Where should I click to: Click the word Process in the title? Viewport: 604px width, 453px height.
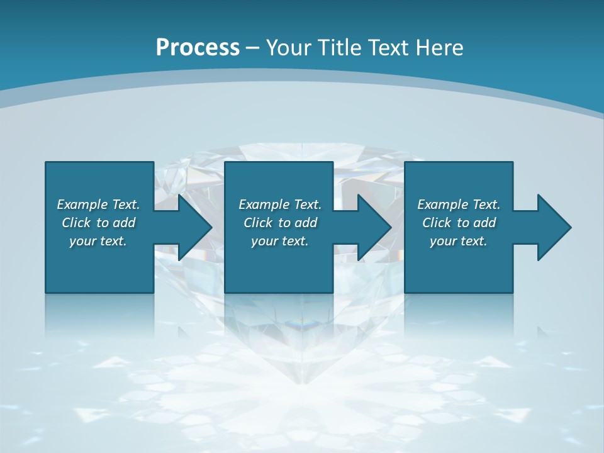(x=198, y=48)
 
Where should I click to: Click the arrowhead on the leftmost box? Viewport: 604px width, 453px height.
(x=191, y=227)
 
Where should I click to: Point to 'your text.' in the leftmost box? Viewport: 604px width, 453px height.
(x=98, y=241)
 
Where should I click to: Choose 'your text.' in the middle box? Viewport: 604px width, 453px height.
(x=280, y=241)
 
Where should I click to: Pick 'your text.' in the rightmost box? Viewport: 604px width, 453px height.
(x=459, y=241)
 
